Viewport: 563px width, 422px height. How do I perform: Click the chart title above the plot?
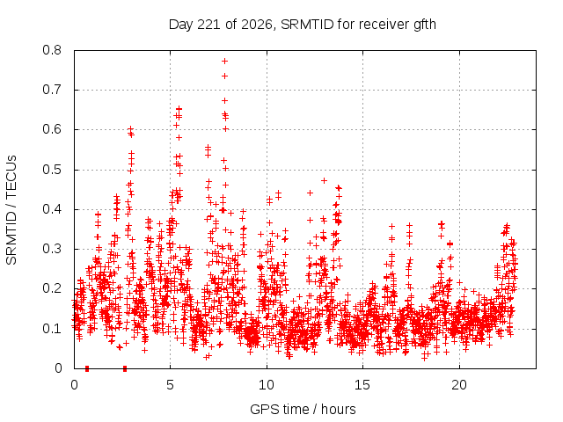click(303, 25)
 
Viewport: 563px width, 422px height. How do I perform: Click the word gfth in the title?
click(425, 25)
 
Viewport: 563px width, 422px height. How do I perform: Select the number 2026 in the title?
click(256, 25)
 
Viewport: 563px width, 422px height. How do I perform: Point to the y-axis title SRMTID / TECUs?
click(11, 210)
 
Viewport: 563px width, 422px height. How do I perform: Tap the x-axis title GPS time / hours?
click(303, 409)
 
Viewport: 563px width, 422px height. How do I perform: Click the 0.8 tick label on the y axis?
click(52, 50)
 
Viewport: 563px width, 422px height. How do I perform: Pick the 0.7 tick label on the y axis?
click(52, 90)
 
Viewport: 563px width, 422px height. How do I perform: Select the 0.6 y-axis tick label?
click(52, 129)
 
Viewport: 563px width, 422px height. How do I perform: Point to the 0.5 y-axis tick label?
click(52, 170)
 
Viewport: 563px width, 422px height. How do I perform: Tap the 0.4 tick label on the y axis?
click(52, 209)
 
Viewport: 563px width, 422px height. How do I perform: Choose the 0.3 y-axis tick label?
click(52, 249)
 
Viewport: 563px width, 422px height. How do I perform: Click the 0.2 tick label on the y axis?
click(52, 288)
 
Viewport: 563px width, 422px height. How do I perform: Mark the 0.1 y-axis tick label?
click(52, 328)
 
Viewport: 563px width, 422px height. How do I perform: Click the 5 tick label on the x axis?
click(170, 385)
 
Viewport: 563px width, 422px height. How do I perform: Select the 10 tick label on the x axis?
click(267, 385)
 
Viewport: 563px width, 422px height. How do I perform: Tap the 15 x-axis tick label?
click(362, 385)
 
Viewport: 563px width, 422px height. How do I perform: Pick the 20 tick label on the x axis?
click(459, 385)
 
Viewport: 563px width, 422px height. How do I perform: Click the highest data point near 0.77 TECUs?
click(225, 61)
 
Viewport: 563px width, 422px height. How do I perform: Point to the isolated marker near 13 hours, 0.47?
click(324, 180)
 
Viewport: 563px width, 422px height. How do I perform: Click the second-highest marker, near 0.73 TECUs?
click(225, 76)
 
